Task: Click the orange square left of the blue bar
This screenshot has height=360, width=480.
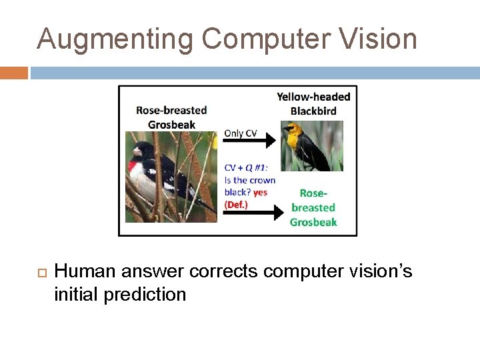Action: pyautogui.click(x=14, y=73)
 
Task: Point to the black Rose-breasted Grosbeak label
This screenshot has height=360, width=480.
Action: pyautogui.click(x=171, y=117)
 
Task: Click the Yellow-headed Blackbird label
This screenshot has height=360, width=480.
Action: pyautogui.click(x=313, y=104)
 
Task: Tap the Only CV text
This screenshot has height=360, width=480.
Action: pyautogui.click(x=241, y=133)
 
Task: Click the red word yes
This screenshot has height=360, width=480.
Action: pyautogui.click(x=260, y=193)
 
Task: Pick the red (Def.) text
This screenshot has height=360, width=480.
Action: pyautogui.click(x=236, y=205)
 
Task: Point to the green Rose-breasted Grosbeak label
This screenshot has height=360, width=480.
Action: pyautogui.click(x=313, y=207)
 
